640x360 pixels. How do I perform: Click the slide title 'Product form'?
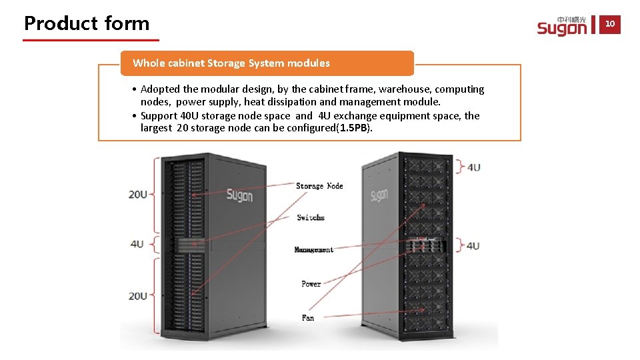point(87,23)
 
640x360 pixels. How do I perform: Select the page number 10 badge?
point(610,25)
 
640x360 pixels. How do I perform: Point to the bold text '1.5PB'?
point(354,128)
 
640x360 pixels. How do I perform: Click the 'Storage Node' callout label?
point(319,186)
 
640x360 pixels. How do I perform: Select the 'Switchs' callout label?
point(311,218)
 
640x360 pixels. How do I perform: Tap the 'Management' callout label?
point(313,250)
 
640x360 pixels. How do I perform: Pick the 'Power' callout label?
point(311,284)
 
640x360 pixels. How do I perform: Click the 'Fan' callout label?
point(308,318)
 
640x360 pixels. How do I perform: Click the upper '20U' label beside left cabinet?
point(138,195)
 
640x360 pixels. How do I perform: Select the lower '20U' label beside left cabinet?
point(138,296)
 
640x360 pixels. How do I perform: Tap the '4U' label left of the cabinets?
point(137,244)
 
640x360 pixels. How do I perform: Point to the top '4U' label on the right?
point(473,167)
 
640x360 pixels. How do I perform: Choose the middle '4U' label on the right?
point(473,246)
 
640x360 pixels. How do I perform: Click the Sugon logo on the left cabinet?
point(239,195)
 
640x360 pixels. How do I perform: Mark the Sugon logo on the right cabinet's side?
point(379,195)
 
